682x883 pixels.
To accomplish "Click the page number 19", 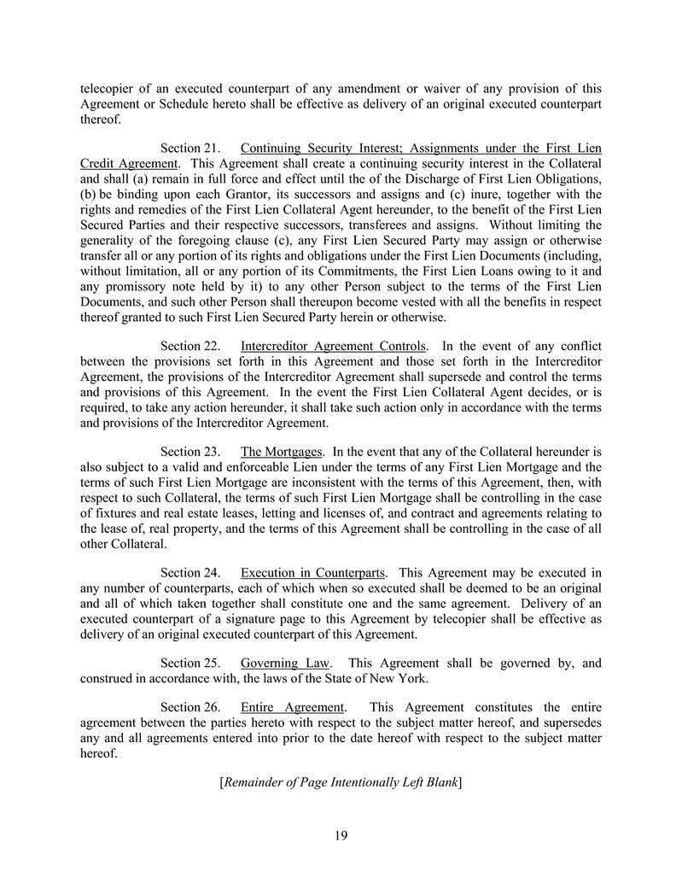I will point(341,835).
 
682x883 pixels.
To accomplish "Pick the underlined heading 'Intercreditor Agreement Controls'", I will point(333,346).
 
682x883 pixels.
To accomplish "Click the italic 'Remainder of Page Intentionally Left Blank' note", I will point(341,781).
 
